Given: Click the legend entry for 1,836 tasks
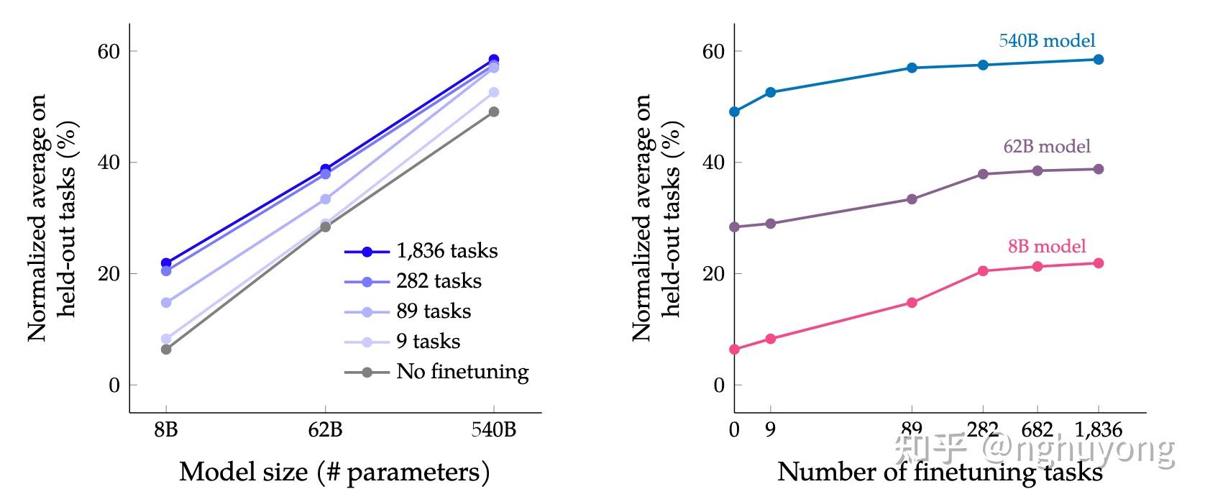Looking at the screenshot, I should [446, 251].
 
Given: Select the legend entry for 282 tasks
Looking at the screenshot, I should [439, 281].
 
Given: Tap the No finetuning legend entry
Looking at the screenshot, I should [462, 372].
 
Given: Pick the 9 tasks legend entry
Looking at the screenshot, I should [428, 342].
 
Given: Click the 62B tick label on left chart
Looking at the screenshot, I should [325, 430].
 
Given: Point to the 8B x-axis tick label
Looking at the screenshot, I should [166, 430].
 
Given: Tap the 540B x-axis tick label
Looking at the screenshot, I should [494, 430].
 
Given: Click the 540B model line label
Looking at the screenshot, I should [1047, 40].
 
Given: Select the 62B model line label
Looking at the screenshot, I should [1047, 147].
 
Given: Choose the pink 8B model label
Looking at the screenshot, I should [1047, 247].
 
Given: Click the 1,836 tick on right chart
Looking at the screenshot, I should [1098, 430].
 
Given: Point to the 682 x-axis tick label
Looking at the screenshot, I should [1037, 430].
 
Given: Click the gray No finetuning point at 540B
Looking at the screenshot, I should [494, 111].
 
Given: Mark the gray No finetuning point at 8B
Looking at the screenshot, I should [166, 350].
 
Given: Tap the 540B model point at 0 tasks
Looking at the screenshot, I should [734, 111].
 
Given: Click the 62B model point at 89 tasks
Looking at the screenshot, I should [912, 199].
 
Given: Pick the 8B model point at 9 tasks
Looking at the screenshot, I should [771, 339].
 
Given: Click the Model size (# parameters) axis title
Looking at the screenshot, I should [334, 473].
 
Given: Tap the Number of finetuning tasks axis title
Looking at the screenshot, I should [940, 473].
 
